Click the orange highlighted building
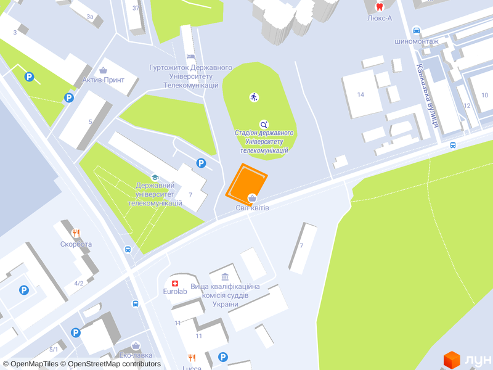point(246,183)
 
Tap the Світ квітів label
point(252,208)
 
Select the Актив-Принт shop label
point(104,80)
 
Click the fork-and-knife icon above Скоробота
point(76,232)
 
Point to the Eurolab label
point(175,291)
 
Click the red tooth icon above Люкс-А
point(380,7)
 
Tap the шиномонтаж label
point(417,41)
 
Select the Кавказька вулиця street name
point(427,96)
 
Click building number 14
point(361,94)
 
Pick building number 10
point(484,94)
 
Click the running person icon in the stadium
point(254,97)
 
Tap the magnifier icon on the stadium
point(264,124)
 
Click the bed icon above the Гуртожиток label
point(190,57)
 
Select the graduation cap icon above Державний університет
point(155,176)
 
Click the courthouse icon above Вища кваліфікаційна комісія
point(224,276)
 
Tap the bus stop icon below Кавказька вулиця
point(453,146)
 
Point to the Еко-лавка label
point(135,355)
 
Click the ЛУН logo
point(468,360)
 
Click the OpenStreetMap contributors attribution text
point(114,364)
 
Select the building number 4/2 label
point(79,283)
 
